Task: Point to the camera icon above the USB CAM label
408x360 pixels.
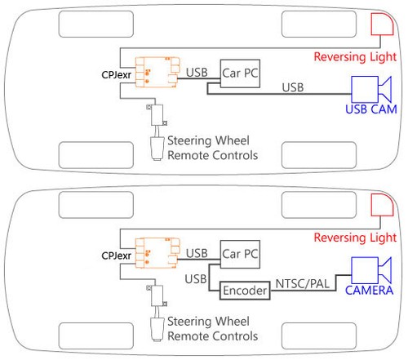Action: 371,87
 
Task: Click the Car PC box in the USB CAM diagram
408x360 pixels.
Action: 240,73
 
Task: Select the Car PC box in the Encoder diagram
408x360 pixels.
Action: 240,254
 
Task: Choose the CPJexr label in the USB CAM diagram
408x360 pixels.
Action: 117,75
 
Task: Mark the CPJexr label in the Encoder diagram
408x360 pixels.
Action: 117,256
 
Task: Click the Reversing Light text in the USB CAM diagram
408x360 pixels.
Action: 357,56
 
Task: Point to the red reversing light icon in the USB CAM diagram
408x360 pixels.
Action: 382,24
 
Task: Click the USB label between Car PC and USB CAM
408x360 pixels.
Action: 294,87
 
